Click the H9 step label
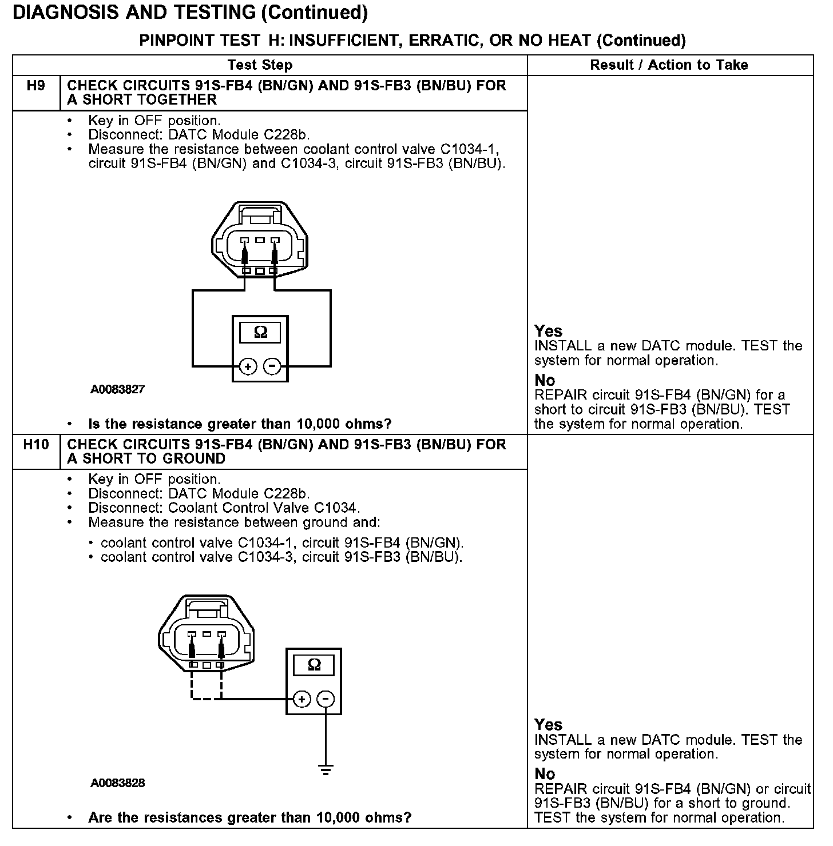tap(35, 86)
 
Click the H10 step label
tap(35, 445)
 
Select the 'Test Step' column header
tap(260, 65)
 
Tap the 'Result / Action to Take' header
tap(669, 65)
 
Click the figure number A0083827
tap(117, 390)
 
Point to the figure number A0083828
tap(117, 783)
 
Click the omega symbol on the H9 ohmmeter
tap(260, 332)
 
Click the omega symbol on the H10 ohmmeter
tap(314, 664)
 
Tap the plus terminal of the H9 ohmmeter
tap(248, 366)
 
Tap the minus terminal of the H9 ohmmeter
tap(273, 366)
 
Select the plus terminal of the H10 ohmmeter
tap(302, 699)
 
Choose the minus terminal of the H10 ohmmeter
tap(326, 699)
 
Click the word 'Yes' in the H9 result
tap(548, 331)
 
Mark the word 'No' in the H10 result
tap(545, 774)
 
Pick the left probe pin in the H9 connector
tap(244, 252)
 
